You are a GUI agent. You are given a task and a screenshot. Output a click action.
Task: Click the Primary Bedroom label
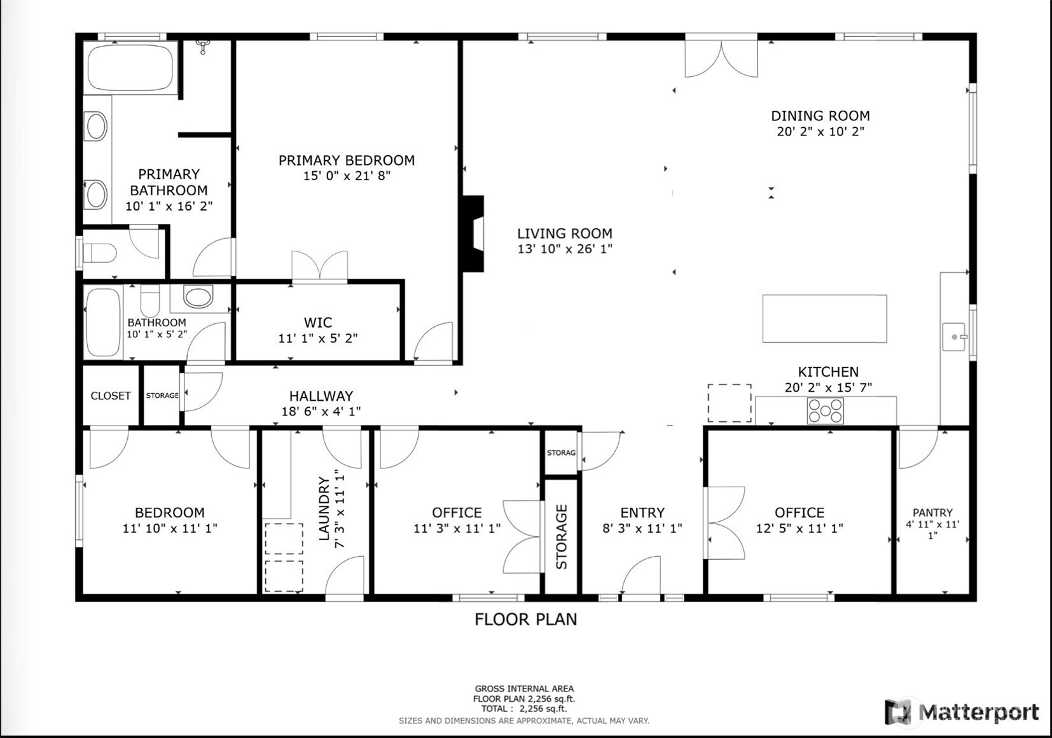(x=347, y=160)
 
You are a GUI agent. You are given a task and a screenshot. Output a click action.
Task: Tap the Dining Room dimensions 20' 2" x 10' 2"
(x=820, y=132)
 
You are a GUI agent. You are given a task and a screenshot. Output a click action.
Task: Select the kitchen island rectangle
(x=824, y=319)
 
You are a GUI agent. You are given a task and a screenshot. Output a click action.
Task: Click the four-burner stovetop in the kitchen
(x=825, y=411)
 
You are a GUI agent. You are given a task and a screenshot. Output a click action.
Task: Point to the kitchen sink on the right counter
(x=954, y=337)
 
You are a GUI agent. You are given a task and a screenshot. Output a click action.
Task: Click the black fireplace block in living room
(x=473, y=233)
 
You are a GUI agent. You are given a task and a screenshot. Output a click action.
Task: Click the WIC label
(x=317, y=323)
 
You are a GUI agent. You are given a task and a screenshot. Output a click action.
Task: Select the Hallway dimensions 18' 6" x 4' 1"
(x=321, y=412)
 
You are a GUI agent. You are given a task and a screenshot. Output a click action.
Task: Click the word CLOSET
(x=111, y=396)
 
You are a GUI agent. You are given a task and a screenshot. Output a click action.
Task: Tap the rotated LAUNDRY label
(x=324, y=509)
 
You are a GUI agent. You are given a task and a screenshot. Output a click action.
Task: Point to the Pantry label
(x=932, y=513)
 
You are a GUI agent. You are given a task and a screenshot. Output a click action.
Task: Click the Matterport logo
(x=962, y=712)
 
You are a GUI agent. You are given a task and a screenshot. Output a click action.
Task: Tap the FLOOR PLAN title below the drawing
(x=525, y=619)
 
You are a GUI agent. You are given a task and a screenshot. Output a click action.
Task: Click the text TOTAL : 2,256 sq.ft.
(x=524, y=709)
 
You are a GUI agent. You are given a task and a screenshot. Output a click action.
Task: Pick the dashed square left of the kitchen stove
(x=730, y=403)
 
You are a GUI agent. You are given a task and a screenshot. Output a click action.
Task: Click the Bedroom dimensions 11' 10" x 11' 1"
(x=170, y=528)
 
